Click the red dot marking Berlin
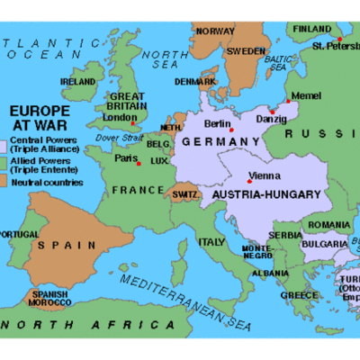click(x=231, y=130)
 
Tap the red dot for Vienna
click(x=249, y=182)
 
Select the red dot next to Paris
click(x=138, y=163)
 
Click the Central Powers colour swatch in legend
click(x=4, y=145)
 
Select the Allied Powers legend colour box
click(x=4, y=164)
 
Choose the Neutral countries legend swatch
click(x=4, y=183)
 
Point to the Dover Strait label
click(x=113, y=138)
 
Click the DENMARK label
click(x=195, y=81)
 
